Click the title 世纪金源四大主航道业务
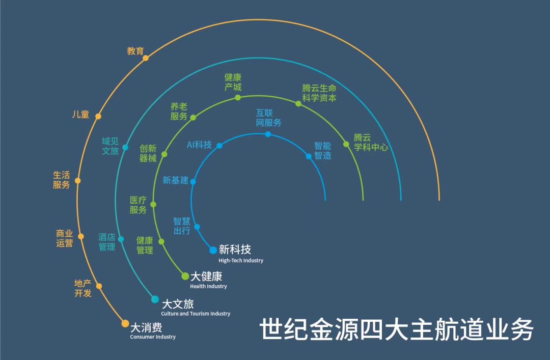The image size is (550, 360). pos(397,329)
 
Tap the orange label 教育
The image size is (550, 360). pos(135,51)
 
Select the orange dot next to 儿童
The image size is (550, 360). pos(98,117)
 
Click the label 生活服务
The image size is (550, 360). pos(61,180)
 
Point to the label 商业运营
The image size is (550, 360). pos(64,238)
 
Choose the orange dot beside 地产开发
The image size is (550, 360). pos(99,286)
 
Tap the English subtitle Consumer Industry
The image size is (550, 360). pos(153,337)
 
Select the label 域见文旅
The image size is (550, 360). pos(110,146)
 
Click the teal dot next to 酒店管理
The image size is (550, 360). pos(121,239)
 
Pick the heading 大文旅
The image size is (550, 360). pos(177,304)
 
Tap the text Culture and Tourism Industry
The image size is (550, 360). pos(196,314)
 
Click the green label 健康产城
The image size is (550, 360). pos(233,82)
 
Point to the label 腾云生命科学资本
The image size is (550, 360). pos(319,93)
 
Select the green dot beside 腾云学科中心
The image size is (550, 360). pos(346,144)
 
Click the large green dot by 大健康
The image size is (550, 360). pos(185,276)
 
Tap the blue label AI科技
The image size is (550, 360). pos(199,145)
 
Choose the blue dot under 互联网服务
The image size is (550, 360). pos(268,134)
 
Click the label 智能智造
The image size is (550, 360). pos(322,151)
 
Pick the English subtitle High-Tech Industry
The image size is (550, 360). pos(241,261)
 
